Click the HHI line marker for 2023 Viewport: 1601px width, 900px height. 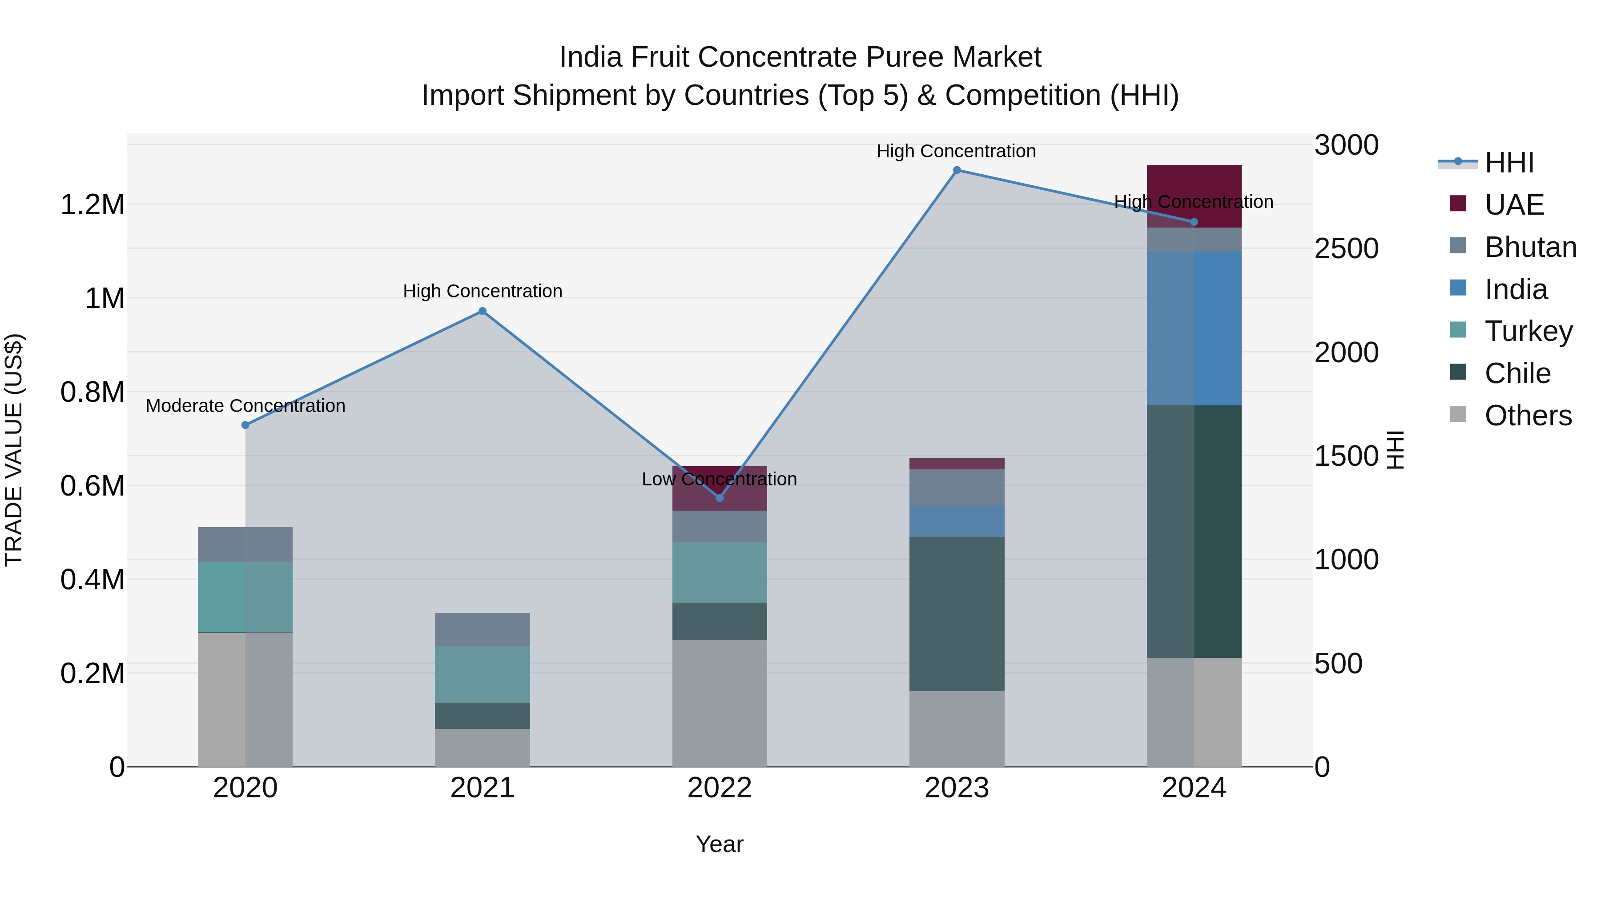point(957,170)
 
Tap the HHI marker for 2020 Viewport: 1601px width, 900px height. point(245,425)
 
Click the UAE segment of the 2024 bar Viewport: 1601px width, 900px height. point(1194,196)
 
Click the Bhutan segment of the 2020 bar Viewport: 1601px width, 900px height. point(245,545)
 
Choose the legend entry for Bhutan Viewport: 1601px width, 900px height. point(1530,247)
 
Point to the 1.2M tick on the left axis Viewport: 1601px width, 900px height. point(93,204)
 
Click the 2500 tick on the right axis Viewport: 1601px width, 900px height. point(1346,248)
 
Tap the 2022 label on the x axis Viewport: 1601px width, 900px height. point(719,788)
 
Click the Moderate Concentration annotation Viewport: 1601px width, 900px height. point(245,406)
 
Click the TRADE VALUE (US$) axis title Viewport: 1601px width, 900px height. point(14,450)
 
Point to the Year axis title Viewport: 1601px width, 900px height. point(719,844)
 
